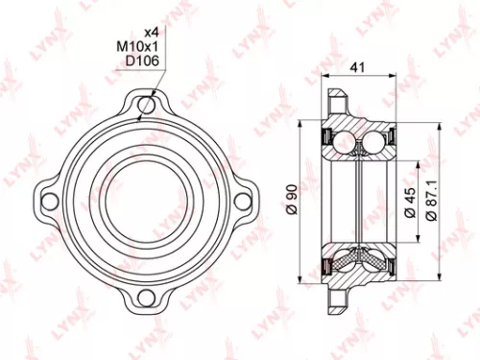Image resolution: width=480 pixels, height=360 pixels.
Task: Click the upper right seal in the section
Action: [386, 133]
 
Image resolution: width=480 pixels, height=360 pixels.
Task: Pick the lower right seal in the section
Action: [386, 263]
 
